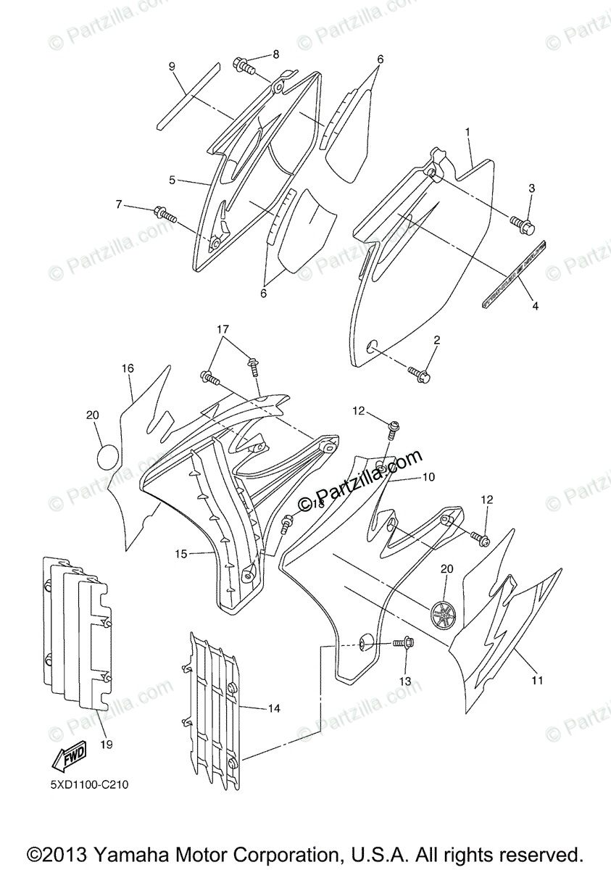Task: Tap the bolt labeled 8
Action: (x=244, y=67)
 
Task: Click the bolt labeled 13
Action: (x=403, y=642)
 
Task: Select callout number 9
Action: (x=172, y=67)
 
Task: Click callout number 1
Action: (x=467, y=132)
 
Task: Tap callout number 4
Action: (x=535, y=307)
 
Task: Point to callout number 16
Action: (x=128, y=368)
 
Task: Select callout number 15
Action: (x=180, y=554)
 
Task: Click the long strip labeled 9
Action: (x=188, y=95)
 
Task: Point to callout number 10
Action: (x=428, y=478)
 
